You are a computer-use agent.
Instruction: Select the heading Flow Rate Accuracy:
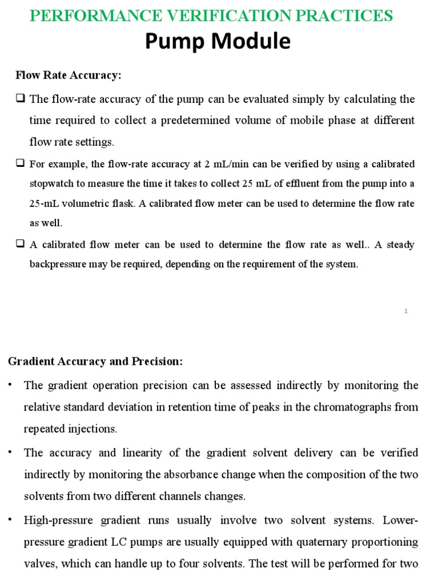(x=68, y=75)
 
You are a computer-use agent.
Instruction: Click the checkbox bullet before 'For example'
(x=20, y=163)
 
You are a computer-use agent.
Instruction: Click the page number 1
(x=406, y=310)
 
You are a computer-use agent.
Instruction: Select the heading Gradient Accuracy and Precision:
(x=96, y=361)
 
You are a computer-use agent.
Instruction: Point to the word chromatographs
(x=342, y=407)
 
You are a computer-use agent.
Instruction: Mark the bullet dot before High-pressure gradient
(x=10, y=520)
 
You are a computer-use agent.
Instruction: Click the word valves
(x=40, y=564)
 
